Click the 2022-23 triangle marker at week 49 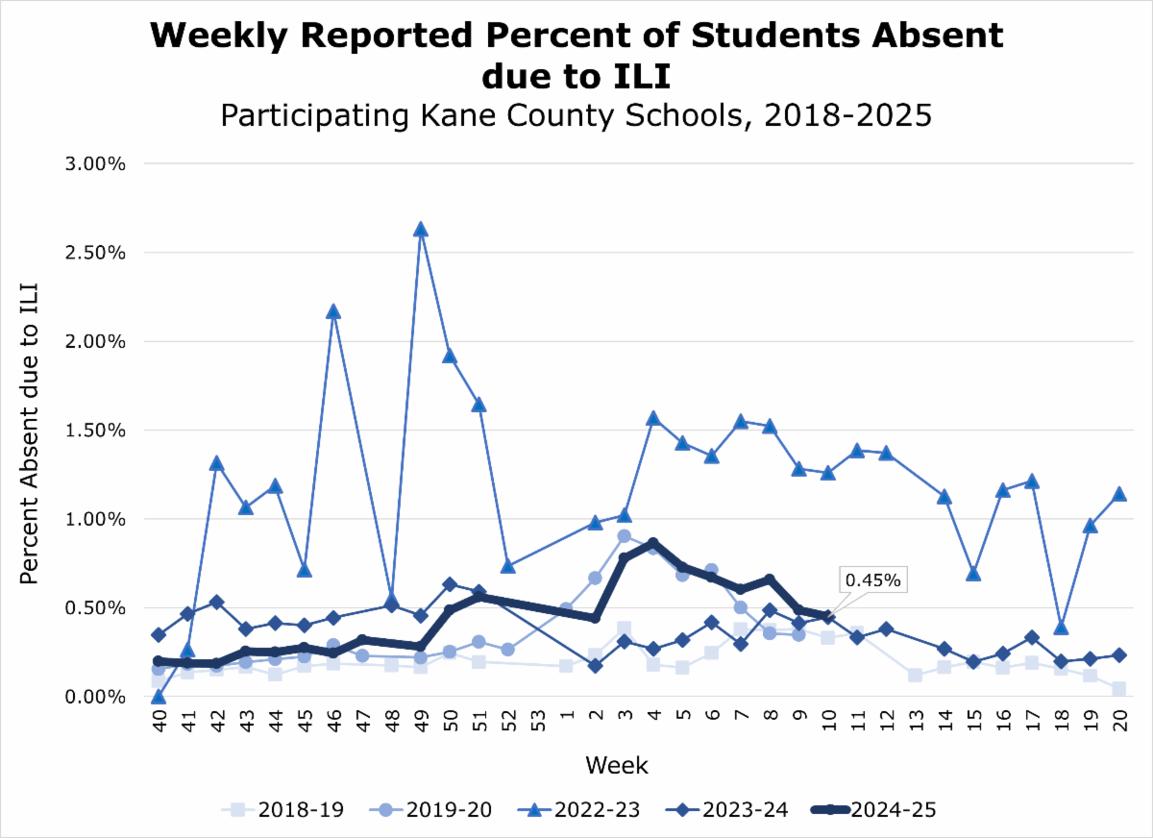[x=420, y=230]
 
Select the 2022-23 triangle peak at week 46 [x=332, y=311]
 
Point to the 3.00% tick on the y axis [x=97, y=163]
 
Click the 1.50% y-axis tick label [x=97, y=431]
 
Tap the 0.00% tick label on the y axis [x=97, y=697]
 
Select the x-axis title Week [x=617, y=766]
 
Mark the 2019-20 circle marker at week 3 [x=624, y=536]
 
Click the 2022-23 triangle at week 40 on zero [x=158, y=696]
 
